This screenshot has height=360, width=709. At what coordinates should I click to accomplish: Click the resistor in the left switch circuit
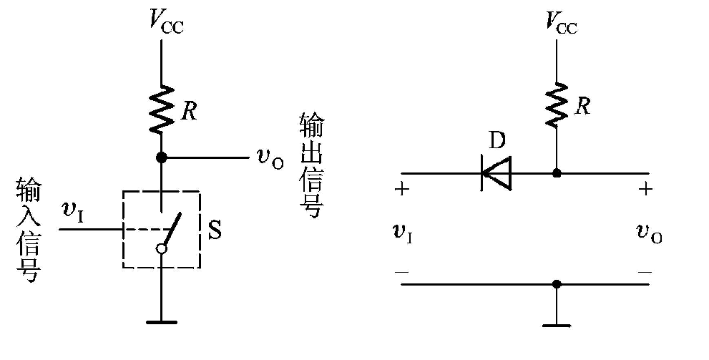[162, 109]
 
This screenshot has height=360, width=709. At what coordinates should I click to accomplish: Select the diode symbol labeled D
[497, 173]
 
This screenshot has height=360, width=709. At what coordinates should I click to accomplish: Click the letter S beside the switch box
[215, 230]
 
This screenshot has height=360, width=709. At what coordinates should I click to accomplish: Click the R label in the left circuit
[190, 111]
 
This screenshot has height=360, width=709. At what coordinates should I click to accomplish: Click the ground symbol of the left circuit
[162, 321]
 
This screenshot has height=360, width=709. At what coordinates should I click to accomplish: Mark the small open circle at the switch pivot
[162, 248]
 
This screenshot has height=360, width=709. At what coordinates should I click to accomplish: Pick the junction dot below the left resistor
[162, 157]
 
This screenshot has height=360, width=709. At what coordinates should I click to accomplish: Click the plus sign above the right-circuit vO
[647, 190]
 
